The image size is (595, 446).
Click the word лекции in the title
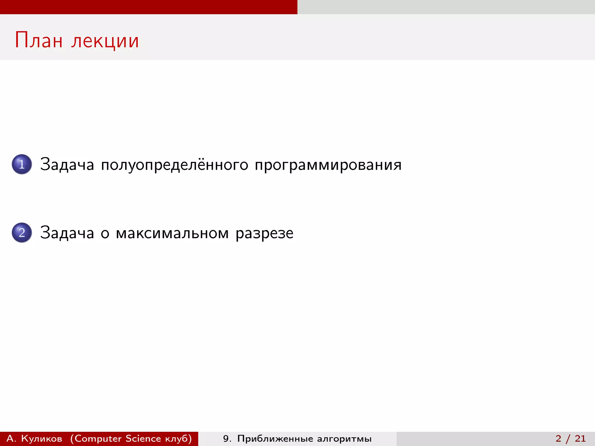105,41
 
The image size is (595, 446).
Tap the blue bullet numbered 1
22,164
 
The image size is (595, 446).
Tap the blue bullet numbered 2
22,233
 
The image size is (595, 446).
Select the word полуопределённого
175,165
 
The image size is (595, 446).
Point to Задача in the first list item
67,165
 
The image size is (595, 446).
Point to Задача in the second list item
67,233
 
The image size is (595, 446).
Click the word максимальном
172,233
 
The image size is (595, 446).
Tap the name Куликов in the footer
42,438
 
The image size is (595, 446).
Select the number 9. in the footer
227,438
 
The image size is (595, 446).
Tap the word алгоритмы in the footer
344,438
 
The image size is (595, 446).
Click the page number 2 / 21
571,438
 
